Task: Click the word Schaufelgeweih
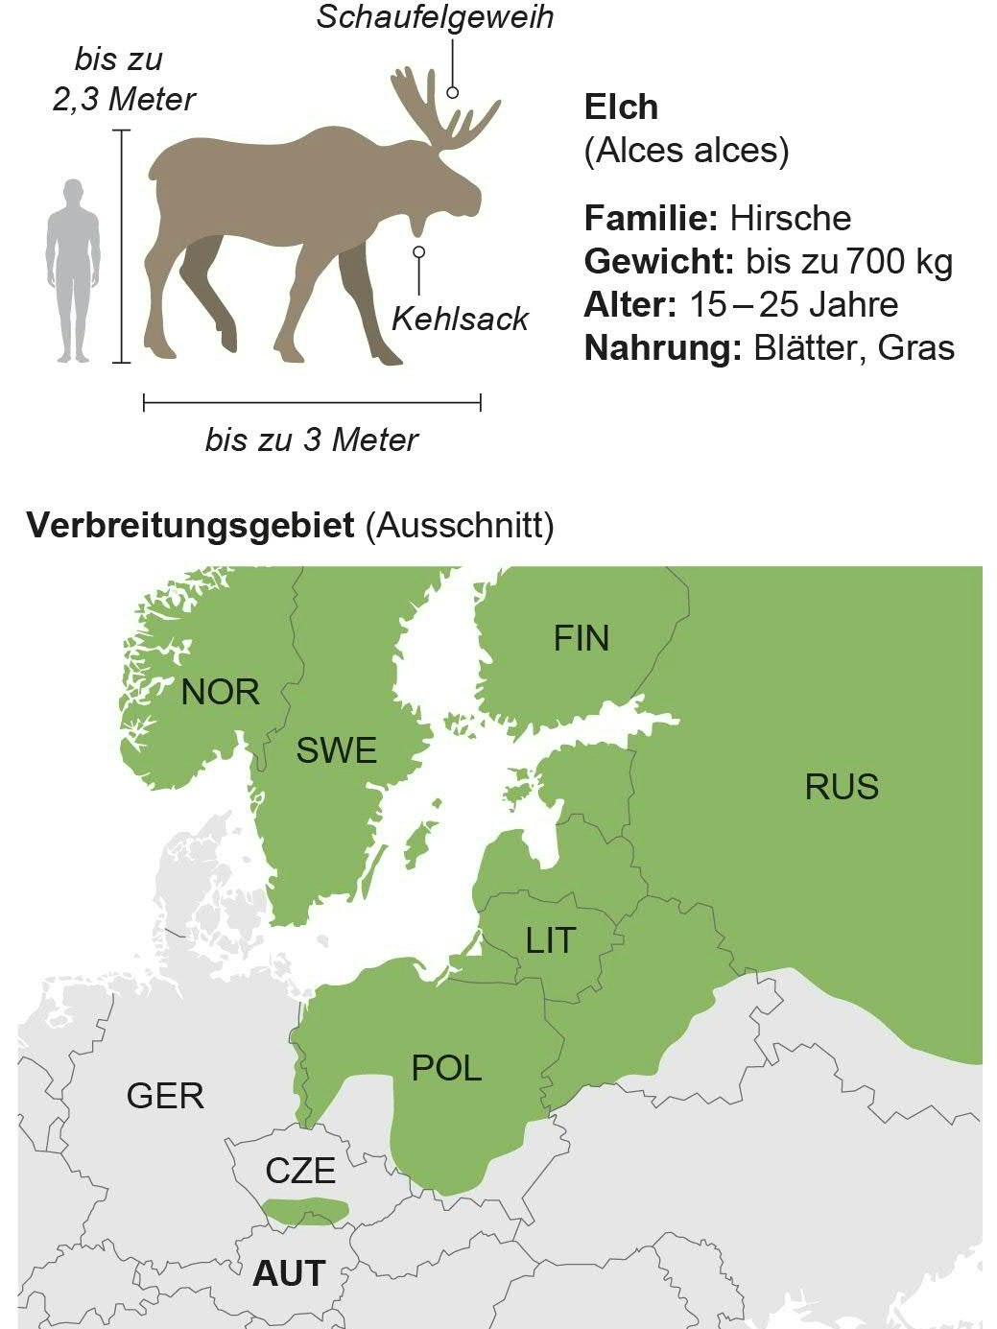pos(435,17)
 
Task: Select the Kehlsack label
pos(460,319)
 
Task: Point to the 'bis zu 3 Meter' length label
pos(312,440)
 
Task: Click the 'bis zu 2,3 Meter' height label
pos(123,79)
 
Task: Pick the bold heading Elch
pos(621,107)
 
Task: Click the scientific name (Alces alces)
pos(686,151)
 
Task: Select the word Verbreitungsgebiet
pos(190,526)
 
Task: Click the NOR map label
pos(220,692)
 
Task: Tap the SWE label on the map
pos(336,750)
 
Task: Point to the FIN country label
pos(581,639)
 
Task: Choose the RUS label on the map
pos(841,787)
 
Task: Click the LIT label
pos(550,940)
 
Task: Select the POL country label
pos(446,1068)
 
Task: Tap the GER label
pos(165,1095)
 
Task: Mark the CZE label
pos(300,1171)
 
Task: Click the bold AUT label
pos(289,1273)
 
